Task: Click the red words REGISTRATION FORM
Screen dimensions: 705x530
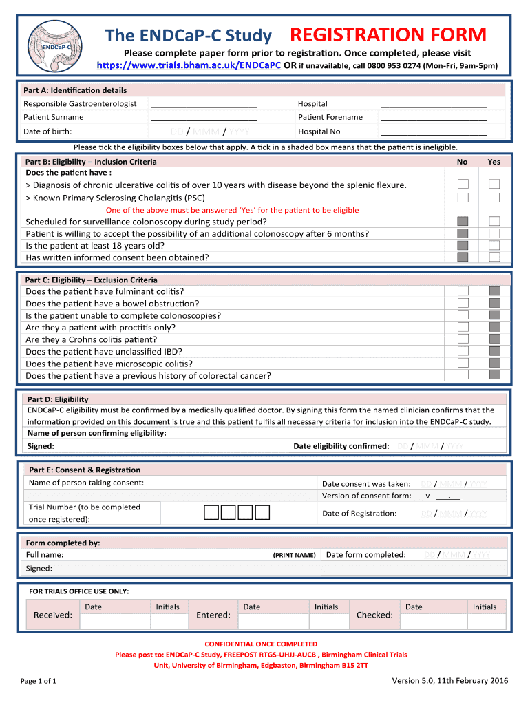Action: pos(388,34)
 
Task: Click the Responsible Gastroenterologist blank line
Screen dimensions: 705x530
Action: pos(204,104)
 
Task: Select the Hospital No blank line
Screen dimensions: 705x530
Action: pos(434,131)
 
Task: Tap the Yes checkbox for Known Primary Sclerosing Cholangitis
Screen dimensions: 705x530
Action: pos(494,198)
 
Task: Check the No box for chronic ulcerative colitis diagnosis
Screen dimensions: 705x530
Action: pos(463,184)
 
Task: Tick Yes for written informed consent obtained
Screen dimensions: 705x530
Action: pos(494,257)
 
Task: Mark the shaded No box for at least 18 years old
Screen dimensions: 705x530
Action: pos(463,245)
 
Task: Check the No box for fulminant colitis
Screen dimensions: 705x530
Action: pos(463,291)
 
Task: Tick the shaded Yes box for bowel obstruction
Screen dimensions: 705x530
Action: pos(494,303)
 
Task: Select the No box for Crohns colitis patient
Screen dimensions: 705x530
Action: pos(463,339)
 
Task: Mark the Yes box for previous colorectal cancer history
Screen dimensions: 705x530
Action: pos(494,375)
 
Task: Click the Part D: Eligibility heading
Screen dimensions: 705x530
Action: pos(58,399)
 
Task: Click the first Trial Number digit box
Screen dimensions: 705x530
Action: pos(211,512)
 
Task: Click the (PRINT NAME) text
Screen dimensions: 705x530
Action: pos(295,555)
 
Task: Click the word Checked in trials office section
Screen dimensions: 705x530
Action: pos(374,615)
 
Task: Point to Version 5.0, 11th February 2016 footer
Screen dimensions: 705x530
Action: pos(449,681)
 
